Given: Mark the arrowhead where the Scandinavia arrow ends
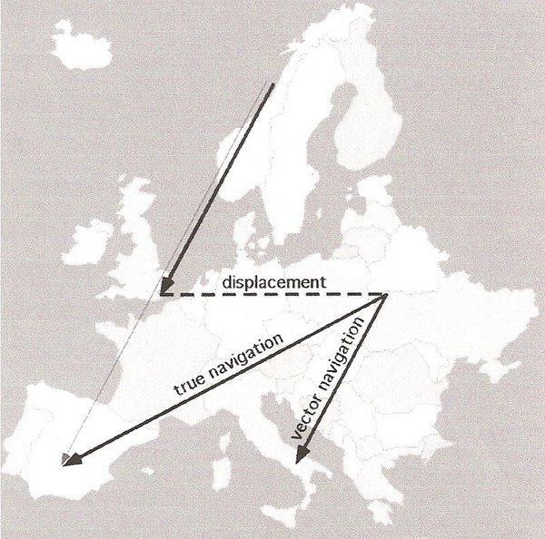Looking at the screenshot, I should pos(164,290).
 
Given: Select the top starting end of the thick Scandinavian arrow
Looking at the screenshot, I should pos(272,83).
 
